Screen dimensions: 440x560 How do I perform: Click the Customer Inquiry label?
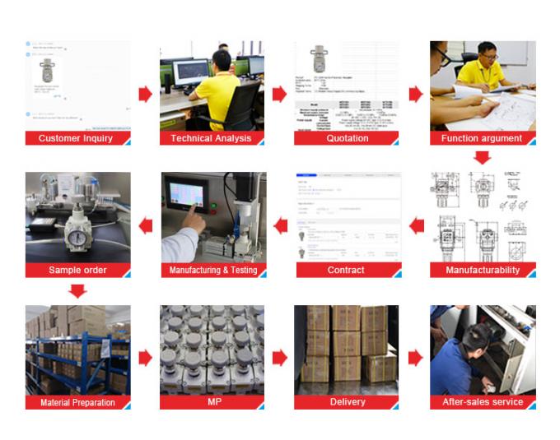coord(76,138)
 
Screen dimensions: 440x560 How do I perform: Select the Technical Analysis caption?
coord(211,138)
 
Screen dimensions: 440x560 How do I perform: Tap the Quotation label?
coord(347,138)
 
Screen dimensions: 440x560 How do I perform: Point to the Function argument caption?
coord(482,138)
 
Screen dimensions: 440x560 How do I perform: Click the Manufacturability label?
coord(483,270)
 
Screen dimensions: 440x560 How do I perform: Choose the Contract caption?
coord(347,270)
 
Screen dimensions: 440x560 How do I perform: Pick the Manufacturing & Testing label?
coord(212,270)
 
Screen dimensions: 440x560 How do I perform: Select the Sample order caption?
coord(77,270)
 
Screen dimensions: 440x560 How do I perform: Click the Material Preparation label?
coord(77,402)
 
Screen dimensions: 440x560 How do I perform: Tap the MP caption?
coord(212,402)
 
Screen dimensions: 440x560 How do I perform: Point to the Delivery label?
coord(347,402)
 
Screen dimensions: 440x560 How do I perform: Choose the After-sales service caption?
coord(483,402)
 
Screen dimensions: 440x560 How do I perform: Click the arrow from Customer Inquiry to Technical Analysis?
coord(145,94)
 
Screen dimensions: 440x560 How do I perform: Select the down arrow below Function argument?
coord(482,157)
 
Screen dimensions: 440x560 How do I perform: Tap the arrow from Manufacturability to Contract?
coord(417,225)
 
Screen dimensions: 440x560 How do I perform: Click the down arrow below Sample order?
coord(77,290)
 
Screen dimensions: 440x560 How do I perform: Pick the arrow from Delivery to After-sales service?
coord(415,358)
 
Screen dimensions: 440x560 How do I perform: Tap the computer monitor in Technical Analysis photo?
coord(191,72)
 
